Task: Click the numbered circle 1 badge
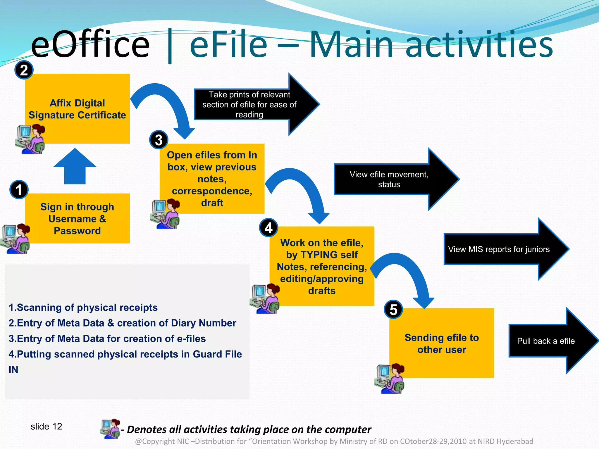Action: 19,189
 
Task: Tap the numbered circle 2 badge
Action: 24,70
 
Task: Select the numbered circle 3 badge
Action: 159,140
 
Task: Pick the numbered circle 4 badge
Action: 268,228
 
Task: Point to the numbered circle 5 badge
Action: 393,310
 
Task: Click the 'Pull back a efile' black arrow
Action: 550,341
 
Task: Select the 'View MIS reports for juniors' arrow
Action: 503,249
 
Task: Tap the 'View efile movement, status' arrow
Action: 392,179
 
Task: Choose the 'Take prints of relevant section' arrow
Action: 252,104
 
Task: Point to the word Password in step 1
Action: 77,231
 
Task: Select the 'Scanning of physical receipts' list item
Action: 83,308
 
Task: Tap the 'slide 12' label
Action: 46,426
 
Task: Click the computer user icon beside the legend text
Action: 110,429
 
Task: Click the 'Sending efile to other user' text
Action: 442,343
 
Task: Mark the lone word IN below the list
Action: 13,370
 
